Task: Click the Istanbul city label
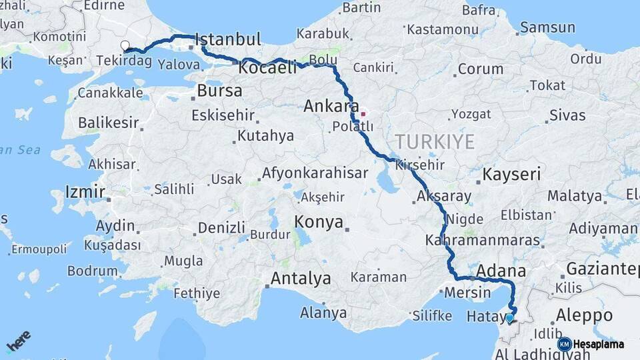[228, 39]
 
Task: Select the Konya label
[319, 222]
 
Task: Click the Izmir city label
[85, 193]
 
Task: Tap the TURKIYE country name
[435, 141]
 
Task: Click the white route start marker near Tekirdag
[125, 45]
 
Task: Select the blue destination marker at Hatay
[509, 318]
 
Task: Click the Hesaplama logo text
[598, 344]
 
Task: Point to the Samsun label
[547, 27]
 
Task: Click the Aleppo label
[584, 315]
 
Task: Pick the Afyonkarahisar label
[315, 173]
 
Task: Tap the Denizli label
[222, 228]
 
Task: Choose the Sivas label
[567, 115]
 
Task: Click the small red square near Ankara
[363, 113]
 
